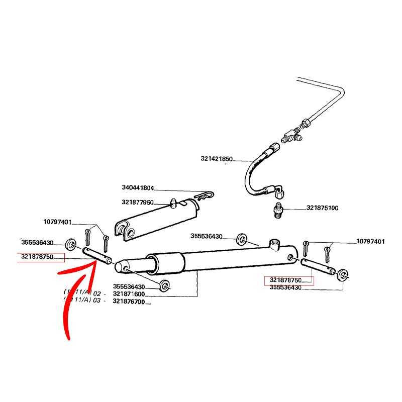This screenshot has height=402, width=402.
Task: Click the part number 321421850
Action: click(217, 159)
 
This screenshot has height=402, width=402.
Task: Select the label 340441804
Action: click(137, 188)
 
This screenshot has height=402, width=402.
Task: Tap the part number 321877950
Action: click(137, 202)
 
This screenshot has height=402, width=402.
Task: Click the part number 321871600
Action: click(129, 294)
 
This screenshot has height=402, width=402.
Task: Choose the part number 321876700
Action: click(129, 302)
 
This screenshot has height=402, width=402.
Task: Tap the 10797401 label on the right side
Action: click(371, 242)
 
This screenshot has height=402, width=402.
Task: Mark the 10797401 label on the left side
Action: click(58, 222)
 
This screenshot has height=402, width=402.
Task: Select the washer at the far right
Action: click(344, 274)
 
